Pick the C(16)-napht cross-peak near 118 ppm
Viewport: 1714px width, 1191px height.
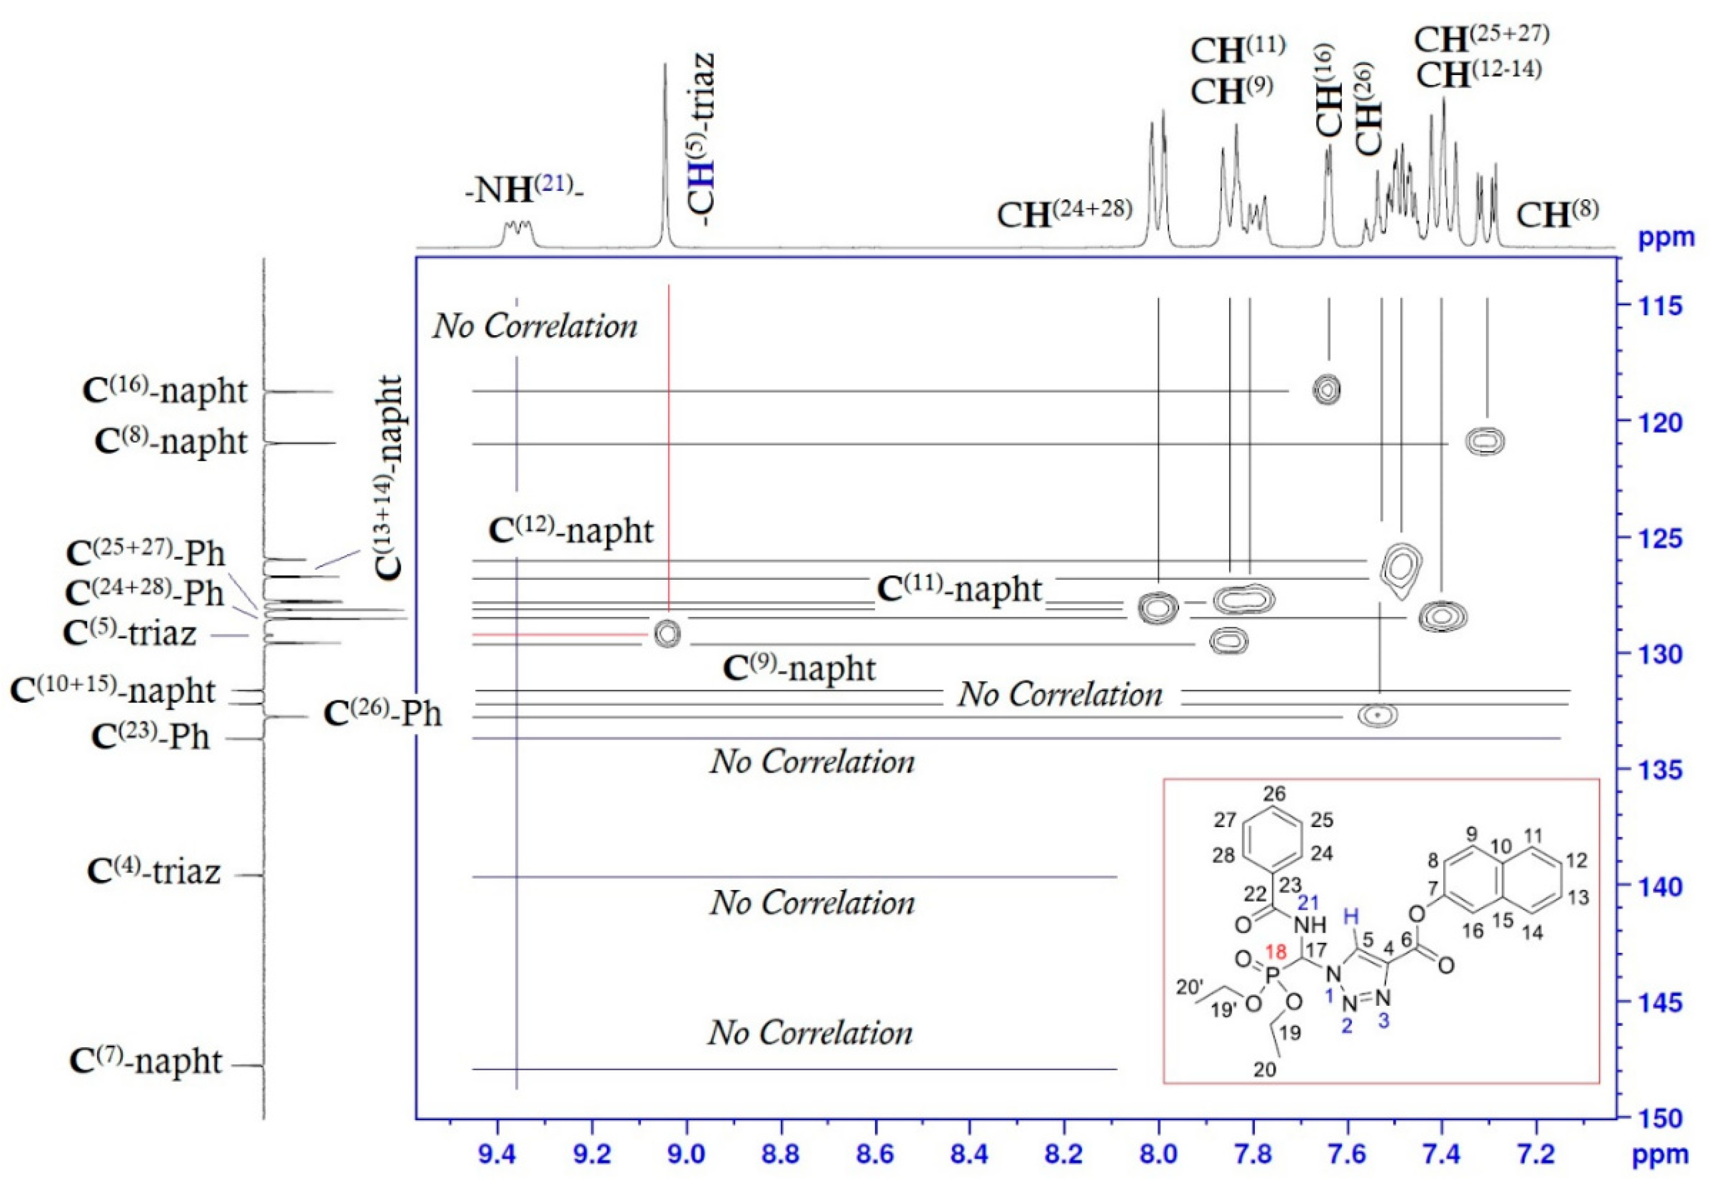tap(1327, 389)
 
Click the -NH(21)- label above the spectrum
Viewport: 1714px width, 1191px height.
tap(524, 190)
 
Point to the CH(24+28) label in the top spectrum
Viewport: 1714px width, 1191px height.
tap(1064, 214)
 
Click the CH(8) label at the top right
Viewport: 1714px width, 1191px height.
tap(1557, 214)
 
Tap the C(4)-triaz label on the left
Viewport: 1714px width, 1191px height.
tap(154, 871)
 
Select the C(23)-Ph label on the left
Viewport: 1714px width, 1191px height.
tap(150, 737)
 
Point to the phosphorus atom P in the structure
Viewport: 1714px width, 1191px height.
tap(1273, 974)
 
